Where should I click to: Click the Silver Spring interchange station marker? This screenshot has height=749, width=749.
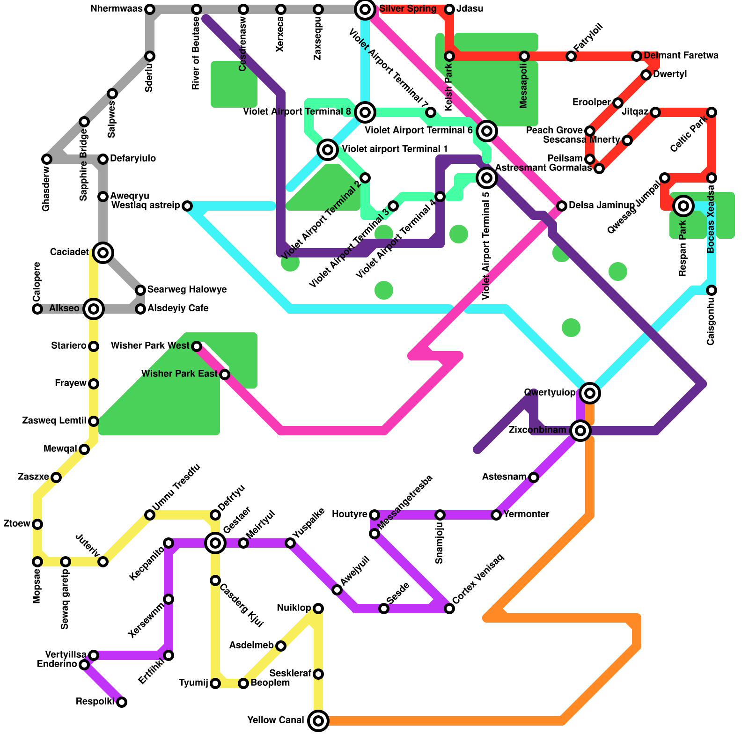[x=365, y=9]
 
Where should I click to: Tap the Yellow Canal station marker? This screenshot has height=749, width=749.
[x=318, y=721]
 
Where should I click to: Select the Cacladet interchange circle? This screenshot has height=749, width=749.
[x=103, y=253]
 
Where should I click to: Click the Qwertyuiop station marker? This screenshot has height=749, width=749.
[x=590, y=393]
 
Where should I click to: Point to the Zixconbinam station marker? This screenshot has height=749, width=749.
[x=580, y=430]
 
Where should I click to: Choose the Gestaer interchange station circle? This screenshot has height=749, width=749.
[x=215, y=543]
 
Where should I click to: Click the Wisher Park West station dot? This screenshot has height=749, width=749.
[x=197, y=346]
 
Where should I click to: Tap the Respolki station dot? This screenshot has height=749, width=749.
[x=122, y=702]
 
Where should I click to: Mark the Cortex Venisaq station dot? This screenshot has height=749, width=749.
[x=449, y=609]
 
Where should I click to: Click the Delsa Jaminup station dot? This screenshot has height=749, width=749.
[x=562, y=206]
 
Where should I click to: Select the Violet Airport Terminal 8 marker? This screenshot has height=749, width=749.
[x=365, y=112]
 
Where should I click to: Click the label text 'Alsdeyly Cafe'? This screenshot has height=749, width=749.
[x=178, y=308]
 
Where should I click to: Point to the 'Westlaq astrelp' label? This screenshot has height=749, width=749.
[x=146, y=206]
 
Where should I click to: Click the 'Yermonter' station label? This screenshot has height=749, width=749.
[x=526, y=514]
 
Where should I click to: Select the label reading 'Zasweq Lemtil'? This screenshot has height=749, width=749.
[x=54, y=421]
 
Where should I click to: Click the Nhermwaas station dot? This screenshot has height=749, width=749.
[x=150, y=9]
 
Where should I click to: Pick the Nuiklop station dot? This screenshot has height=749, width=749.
[x=318, y=609]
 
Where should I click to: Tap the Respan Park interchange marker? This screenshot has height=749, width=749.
[x=683, y=206]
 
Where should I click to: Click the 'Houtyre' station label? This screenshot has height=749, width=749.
[x=350, y=514]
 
